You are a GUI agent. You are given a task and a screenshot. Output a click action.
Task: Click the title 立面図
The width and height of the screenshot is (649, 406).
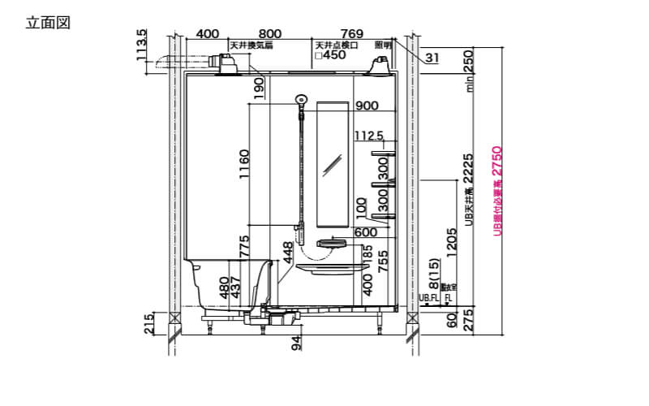(49, 22)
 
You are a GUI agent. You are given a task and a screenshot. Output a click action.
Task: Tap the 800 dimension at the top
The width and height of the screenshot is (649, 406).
(270, 33)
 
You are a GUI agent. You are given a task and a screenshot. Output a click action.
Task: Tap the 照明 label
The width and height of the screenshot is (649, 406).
(382, 46)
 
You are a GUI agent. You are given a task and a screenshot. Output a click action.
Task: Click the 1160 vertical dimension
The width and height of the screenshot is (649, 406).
(244, 166)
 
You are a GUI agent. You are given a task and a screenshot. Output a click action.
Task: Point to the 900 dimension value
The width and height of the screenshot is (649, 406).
(367, 106)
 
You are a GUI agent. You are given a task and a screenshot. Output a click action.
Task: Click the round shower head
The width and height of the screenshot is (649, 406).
(300, 99)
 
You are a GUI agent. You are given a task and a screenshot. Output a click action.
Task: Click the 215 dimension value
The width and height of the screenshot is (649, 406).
(148, 323)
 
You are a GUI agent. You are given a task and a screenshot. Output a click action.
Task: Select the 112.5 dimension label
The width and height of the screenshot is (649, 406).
(369, 136)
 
